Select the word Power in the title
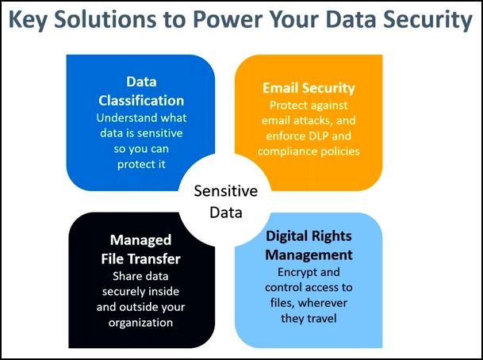[227, 19]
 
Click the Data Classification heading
[141, 91]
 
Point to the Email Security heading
[309, 88]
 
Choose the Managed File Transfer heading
[140, 250]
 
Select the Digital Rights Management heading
[309, 246]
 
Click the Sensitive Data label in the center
[226, 201]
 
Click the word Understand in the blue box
[120, 117]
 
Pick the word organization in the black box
[140, 323]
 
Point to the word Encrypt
[294, 272]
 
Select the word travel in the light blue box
[322, 318]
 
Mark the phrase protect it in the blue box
[141, 164]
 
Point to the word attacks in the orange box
[312, 121]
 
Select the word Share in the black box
[125, 276]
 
